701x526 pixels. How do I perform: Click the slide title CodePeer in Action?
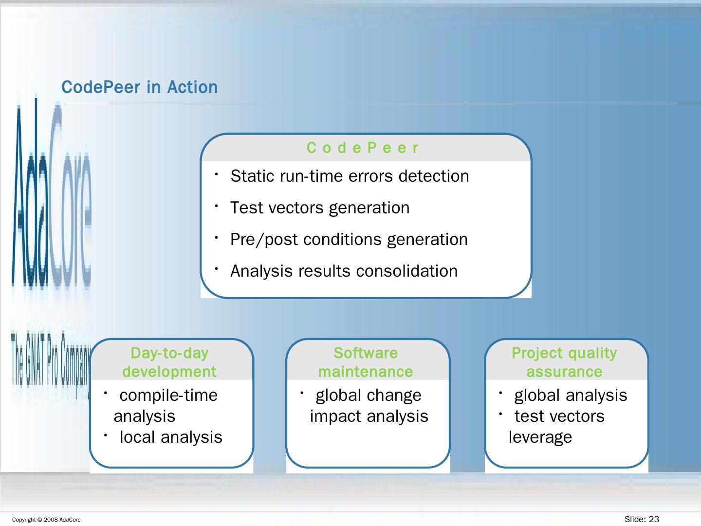(x=140, y=87)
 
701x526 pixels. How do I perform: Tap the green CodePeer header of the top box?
(x=363, y=148)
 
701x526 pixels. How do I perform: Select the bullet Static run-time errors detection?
(x=350, y=176)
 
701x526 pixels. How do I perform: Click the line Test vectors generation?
(x=320, y=207)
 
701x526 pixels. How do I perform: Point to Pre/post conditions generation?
(x=349, y=239)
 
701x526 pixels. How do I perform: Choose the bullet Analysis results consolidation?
(x=344, y=271)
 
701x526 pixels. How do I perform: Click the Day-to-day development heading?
(x=169, y=362)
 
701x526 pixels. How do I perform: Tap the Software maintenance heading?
(x=366, y=362)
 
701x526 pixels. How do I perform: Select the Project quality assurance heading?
(x=564, y=362)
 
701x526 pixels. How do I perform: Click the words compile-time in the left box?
(x=168, y=395)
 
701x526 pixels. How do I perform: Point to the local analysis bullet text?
(x=171, y=437)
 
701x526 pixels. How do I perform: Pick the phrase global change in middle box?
(x=369, y=395)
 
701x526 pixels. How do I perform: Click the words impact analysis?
(x=369, y=416)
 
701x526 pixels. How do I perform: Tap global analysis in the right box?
(x=571, y=395)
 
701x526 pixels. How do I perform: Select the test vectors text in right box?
(x=559, y=416)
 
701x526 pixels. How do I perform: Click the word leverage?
(x=540, y=437)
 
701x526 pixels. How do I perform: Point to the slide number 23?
(x=654, y=519)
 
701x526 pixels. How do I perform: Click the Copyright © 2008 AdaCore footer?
(x=46, y=520)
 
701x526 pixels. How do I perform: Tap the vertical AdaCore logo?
(x=51, y=195)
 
